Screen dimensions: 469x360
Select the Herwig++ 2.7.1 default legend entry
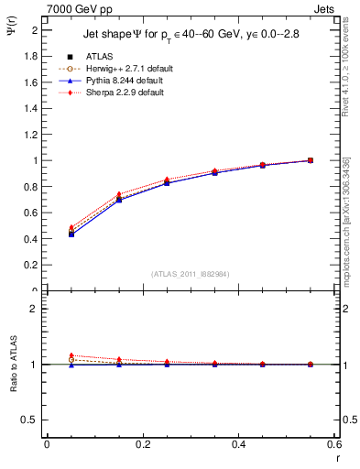pyautogui.click(x=123, y=69)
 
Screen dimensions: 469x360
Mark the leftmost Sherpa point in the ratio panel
pyautogui.click(x=71, y=354)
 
